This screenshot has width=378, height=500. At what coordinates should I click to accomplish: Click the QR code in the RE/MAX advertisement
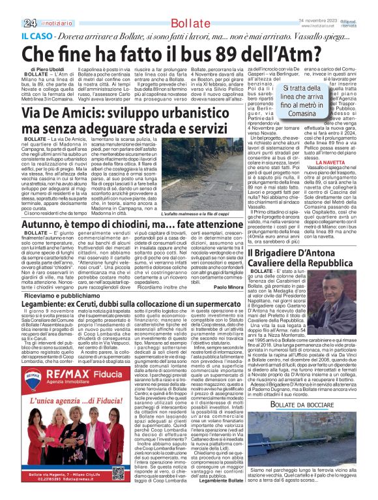pyautogui.click(x=117, y=472)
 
